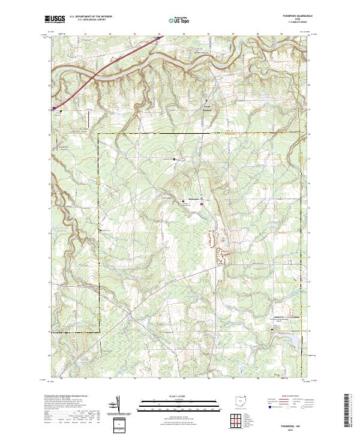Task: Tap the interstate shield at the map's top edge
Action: pos(158,37)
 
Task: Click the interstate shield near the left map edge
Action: pos(55,109)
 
